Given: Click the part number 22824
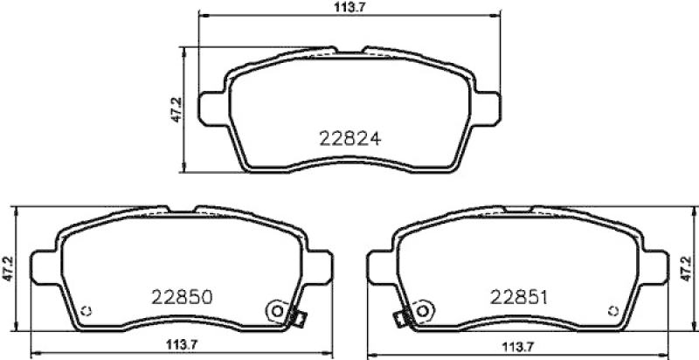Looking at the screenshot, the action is tap(350, 139).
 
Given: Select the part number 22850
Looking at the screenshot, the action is tap(182, 297).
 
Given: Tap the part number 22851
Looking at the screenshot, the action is tap(518, 297).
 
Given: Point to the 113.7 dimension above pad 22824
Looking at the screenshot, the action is tap(349, 7).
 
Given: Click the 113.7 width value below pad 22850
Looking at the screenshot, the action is tap(182, 344).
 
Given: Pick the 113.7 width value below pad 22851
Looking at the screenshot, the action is tap(518, 346).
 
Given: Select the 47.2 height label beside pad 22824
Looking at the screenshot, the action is tap(176, 110).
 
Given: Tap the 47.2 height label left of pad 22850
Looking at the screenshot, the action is tap(7, 268).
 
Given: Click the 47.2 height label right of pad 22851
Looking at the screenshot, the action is tap(687, 268).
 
